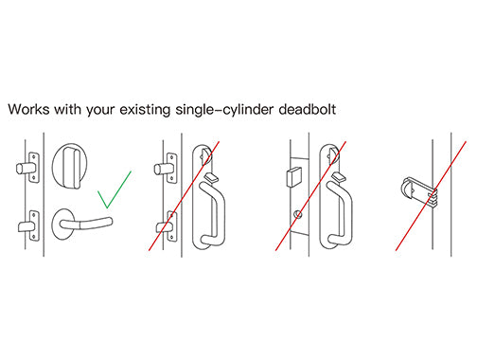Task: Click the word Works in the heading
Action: tap(28, 110)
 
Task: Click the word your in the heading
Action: tap(100, 111)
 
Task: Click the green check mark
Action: tap(114, 189)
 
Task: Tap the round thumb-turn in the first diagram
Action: tap(70, 167)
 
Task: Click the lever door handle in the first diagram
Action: tap(82, 223)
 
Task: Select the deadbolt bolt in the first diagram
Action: tap(23, 168)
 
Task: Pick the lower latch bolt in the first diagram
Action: tap(25, 226)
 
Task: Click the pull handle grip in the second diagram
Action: tap(214, 214)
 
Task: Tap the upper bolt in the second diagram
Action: tap(161, 169)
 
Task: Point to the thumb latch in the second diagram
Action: tap(211, 177)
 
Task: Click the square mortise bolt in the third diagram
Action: tap(294, 177)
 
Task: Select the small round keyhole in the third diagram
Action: tap(297, 215)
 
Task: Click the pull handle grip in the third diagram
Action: tap(340, 214)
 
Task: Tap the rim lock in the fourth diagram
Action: tap(419, 191)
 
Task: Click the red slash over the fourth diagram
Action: tap(431, 196)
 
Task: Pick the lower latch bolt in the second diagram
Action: tap(164, 227)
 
